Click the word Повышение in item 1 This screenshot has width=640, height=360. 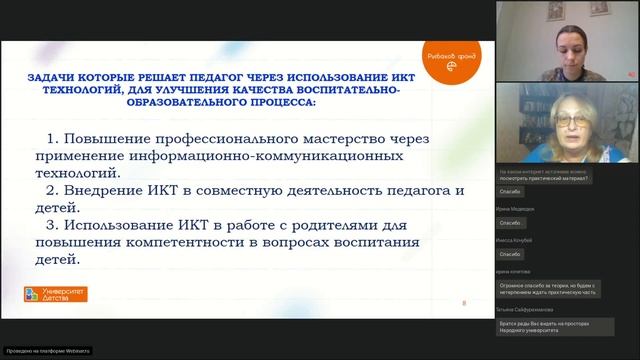pos(107,138)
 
